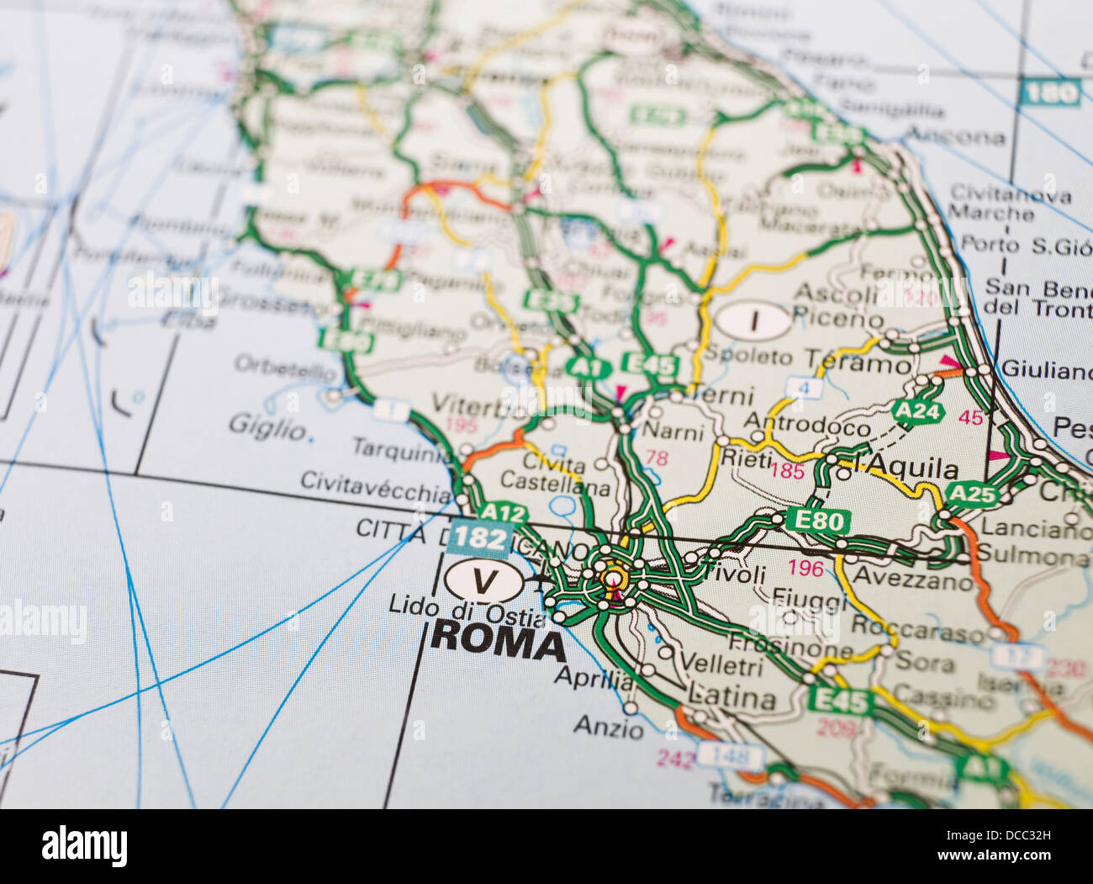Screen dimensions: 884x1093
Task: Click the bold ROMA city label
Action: pyautogui.click(x=498, y=642)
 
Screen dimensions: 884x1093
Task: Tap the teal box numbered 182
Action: pyautogui.click(x=479, y=538)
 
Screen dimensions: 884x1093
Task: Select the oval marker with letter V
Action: pyautogui.click(x=483, y=580)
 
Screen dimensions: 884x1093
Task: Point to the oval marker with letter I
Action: pyautogui.click(x=753, y=320)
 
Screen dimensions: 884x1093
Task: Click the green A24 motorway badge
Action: pyautogui.click(x=917, y=411)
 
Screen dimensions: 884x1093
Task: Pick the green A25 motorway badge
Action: pyautogui.click(x=972, y=494)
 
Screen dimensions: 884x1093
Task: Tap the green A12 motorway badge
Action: pyautogui.click(x=504, y=513)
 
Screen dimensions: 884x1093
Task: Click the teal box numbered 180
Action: pyautogui.click(x=1050, y=93)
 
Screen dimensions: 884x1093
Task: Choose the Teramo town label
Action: pyautogui.click(x=858, y=363)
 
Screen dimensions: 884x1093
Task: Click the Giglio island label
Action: pyautogui.click(x=267, y=428)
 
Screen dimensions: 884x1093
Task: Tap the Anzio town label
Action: pyautogui.click(x=609, y=727)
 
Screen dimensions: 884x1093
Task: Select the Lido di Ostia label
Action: pyautogui.click(x=467, y=606)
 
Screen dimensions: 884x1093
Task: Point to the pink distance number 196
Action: pyautogui.click(x=805, y=568)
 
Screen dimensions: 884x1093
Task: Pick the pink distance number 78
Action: pyautogui.click(x=656, y=458)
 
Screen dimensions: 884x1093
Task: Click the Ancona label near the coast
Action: pyautogui.click(x=955, y=136)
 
